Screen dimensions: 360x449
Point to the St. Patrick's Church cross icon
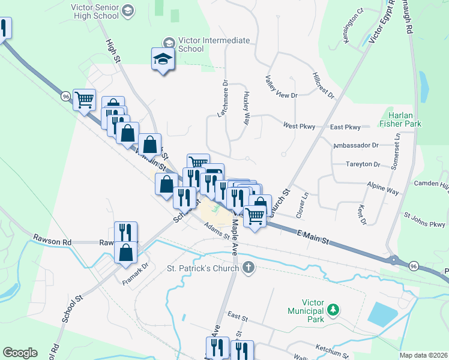point(249,268)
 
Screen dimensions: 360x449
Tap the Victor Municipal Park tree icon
point(332,310)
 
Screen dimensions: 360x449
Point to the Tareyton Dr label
point(363,164)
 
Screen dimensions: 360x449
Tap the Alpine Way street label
point(383,187)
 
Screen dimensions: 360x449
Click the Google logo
point(20,353)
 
